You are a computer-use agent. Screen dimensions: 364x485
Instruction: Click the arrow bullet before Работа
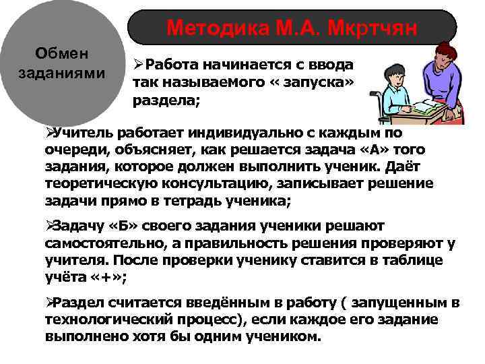[138, 65]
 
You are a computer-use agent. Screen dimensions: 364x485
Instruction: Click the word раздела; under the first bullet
[158, 99]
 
